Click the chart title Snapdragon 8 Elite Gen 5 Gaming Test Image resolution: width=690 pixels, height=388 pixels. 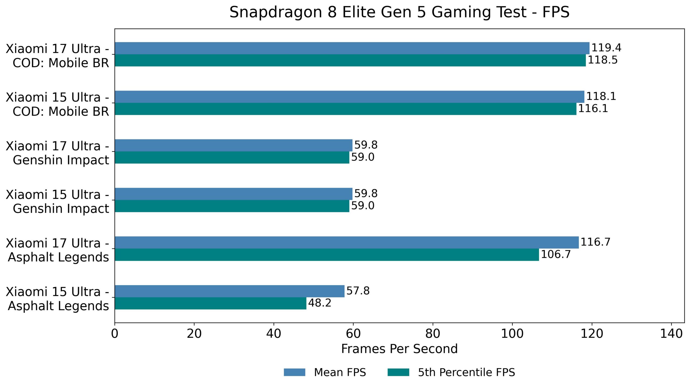coord(399,12)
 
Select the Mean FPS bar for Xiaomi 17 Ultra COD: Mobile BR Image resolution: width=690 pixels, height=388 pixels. coord(352,48)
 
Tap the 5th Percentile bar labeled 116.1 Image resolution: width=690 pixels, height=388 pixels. coord(345,109)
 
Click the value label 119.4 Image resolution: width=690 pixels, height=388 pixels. coord(606,48)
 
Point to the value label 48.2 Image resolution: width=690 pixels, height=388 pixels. coord(319,303)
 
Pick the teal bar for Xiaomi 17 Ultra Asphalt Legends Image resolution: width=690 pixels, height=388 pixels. coord(327,255)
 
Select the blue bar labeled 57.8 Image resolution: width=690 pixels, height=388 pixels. coord(229,291)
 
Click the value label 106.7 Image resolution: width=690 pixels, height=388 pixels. coord(556,255)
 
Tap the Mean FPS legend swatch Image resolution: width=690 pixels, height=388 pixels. coord(294,372)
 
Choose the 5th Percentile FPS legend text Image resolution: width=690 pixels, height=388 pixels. coord(466,372)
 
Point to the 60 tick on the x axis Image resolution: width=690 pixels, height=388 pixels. coord(353,334)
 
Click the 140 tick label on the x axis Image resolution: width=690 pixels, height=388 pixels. coord(671,334)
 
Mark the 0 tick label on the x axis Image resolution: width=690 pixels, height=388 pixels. coord(115,334)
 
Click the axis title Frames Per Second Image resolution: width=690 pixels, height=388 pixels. coord(399,349)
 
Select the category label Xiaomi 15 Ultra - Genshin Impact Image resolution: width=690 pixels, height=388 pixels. coord(57,202)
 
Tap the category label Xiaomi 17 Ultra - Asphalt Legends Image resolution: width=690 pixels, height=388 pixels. coord(57,250)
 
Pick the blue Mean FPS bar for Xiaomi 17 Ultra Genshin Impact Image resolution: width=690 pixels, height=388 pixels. coord(233,145)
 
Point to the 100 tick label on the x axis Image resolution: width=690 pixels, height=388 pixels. coord(512,334)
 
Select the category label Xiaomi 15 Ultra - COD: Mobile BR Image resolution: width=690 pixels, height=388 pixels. coord(57,104)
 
